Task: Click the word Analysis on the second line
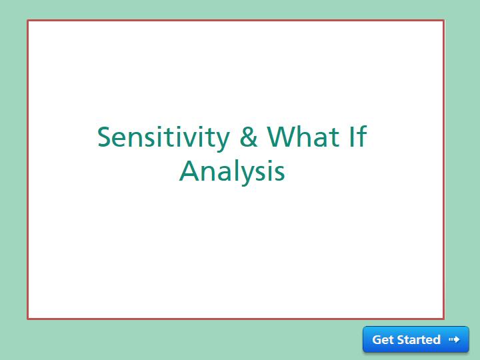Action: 232,171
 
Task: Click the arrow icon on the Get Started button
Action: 454,340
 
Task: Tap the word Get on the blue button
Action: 383,340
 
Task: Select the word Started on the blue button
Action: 419,340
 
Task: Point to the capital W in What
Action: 281,137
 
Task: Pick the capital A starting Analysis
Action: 190,171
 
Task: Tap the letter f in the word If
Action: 362,137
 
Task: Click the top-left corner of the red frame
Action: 28,21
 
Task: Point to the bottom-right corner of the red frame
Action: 443,319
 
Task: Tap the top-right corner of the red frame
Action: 443,21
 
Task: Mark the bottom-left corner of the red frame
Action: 28,319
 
